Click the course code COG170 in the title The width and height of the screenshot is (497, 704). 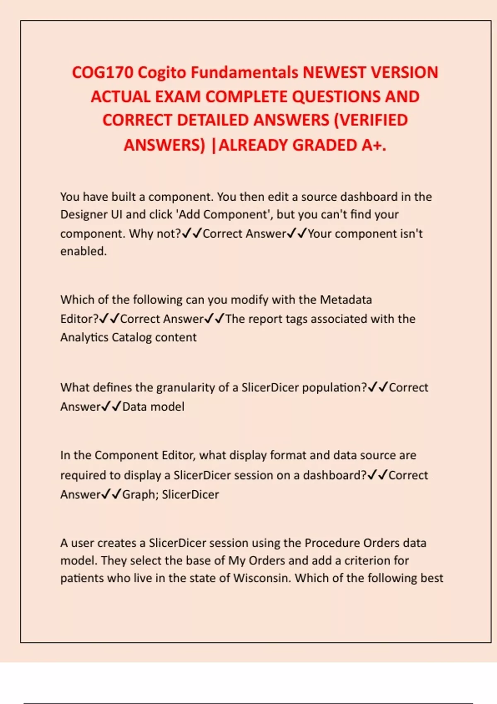pyautogui.click(x=103, y=72)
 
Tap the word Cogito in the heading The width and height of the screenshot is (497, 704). pyautogui.click(x=162, y=72)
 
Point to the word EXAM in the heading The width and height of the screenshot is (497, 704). pyautogui.click(x=178, y=96)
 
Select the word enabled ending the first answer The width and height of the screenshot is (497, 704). pyautogui.click(x=83, y=251)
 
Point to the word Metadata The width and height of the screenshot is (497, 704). pyautogui.click(x=346, y=299)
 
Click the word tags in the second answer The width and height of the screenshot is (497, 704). pyautogui.click(x=296, y=319)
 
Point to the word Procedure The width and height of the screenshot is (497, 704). pyautogui.click(x=332, y=543)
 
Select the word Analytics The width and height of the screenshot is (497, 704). pyautogui.click(x=84, y=338)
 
